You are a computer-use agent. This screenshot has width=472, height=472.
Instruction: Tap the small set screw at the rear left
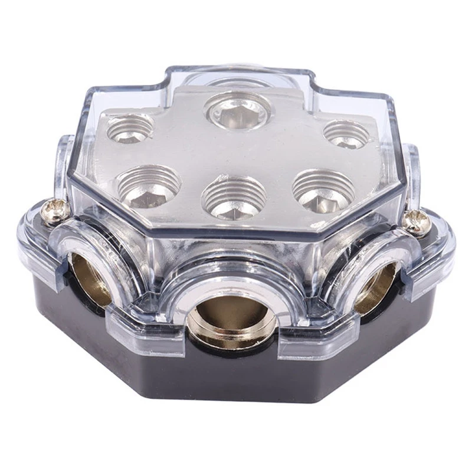coord(130,127)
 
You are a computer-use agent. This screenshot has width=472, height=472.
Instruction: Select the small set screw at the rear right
coord(346,134)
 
